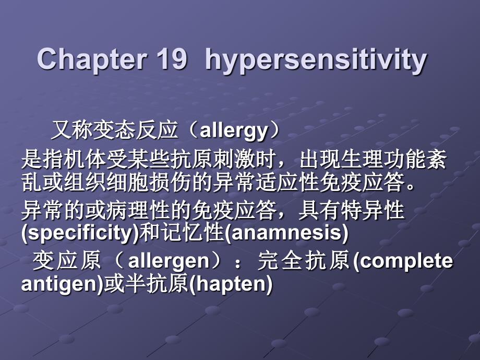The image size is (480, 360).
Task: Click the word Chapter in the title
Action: point(91,59)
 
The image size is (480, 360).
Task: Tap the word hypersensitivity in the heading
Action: point(316,60)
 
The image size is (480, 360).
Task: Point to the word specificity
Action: point(80,233)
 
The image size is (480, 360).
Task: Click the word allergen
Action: point(169,261)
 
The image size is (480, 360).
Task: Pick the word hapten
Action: point(231,284)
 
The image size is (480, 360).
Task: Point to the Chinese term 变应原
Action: point(67,261)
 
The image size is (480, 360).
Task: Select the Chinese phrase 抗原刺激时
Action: point(223,160)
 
